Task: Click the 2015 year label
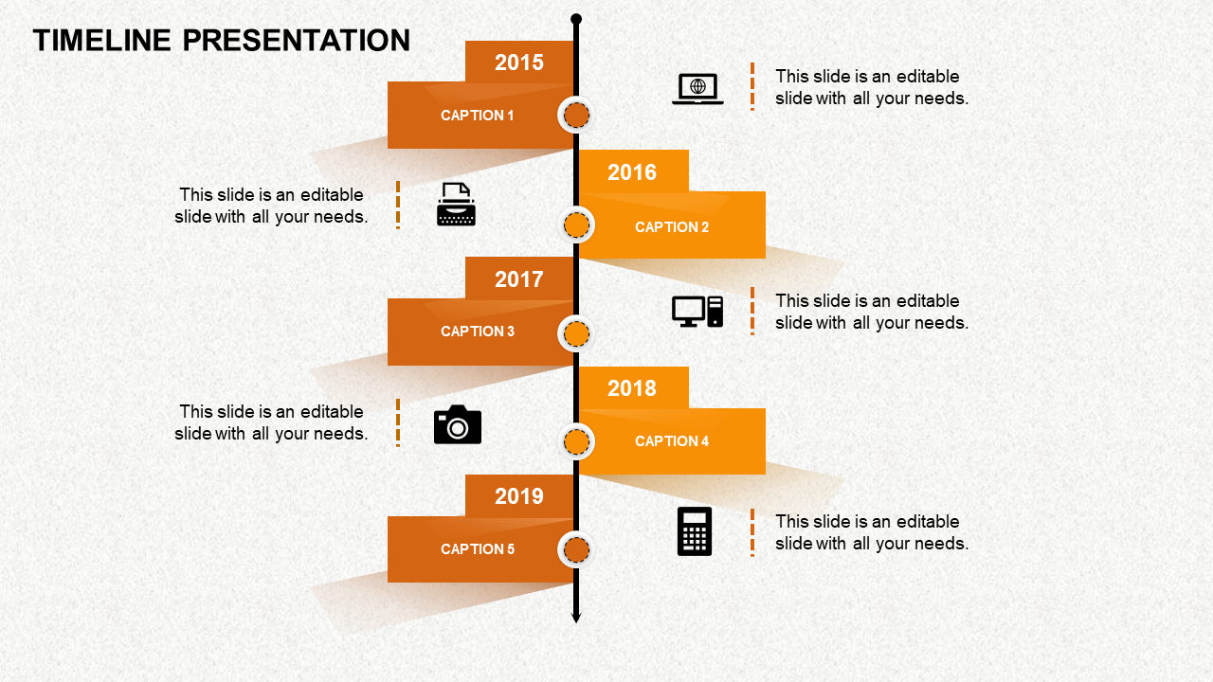(519, 63)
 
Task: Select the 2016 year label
(632, 172)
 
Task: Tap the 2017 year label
(519, 279)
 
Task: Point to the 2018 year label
(632, 388)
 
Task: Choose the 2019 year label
(519, 496)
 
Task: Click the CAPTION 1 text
(478, 116)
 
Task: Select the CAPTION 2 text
(672, 227)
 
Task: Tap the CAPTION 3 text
(478, 332)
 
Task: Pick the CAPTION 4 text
(672, 441)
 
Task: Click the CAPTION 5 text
(478, 549)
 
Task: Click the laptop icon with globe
(697, 88)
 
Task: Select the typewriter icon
(456, 205)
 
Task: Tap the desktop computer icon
(697, 312)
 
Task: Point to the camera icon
(458, 425)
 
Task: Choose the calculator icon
(695, 531)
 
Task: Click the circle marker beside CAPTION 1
(576, 116)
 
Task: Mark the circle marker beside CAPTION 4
(576, 441)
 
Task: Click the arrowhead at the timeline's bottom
(576, 618)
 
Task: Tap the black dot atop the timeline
(576, 19)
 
